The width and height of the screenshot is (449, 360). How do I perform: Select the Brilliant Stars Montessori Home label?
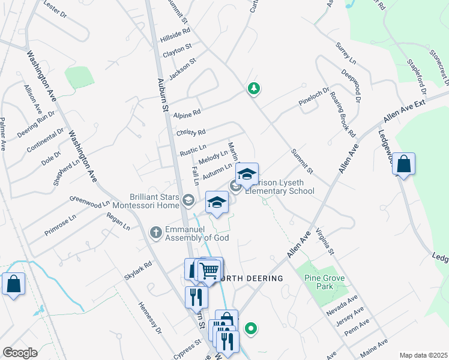point(155,201)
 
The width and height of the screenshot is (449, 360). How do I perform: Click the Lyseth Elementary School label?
point(280,187)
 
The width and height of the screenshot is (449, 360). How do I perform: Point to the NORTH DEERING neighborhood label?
point(252,278)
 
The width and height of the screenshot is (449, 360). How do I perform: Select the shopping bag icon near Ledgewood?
point(405,164)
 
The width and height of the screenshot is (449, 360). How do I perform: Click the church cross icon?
point(155,232)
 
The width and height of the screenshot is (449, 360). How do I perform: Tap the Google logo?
point(20,353)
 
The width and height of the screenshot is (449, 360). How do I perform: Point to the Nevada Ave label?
point(342,304)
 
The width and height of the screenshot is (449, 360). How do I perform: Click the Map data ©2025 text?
point(423,355)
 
